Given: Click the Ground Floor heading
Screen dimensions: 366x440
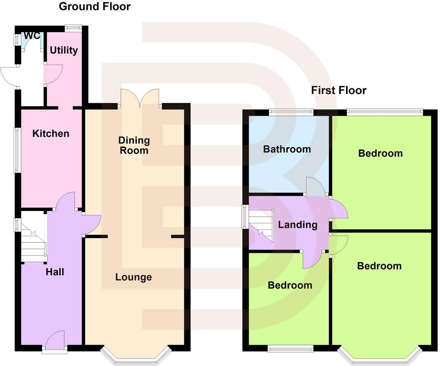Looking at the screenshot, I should click(x=95, y=6).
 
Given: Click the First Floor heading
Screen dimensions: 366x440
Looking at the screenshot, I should click(x=339, y=90).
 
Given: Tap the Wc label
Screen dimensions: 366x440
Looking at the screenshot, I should click(x=31, y=36).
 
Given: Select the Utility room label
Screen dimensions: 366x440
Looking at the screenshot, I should click(x=64, y=50).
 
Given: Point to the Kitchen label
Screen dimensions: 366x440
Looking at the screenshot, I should click(x=51, y=134).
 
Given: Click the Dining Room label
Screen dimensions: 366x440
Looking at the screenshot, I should click(x=134, y=145).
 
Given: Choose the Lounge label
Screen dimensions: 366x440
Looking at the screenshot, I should click(x=134, y=277).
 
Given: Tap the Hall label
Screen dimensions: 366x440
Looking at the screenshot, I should click(x=55, y=272).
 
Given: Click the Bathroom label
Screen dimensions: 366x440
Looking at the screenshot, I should click(x=287, y=149).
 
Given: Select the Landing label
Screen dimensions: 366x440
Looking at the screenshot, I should click(x=297, y=225).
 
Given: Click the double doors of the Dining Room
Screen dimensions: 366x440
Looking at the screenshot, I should click(x=140, y=98).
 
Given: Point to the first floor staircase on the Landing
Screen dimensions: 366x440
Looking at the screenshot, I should click(x=261, y=226).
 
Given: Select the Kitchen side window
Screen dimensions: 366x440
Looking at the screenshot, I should click(x=17, y=150).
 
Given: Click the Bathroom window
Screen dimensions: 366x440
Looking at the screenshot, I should click(x=291, y=112).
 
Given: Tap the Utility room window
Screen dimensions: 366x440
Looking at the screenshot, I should click(x=73, y=28).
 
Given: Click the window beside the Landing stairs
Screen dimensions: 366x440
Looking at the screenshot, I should click(x=244, y=216).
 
